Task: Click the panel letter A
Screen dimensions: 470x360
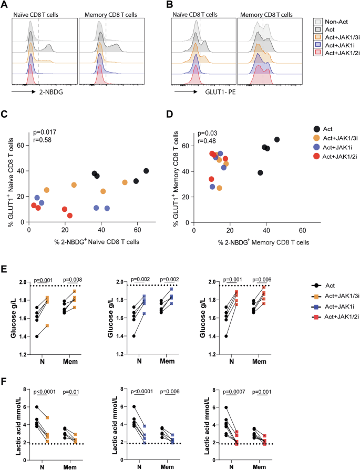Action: coord(5,5)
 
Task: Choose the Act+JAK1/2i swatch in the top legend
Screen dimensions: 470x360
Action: coord(317,54)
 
